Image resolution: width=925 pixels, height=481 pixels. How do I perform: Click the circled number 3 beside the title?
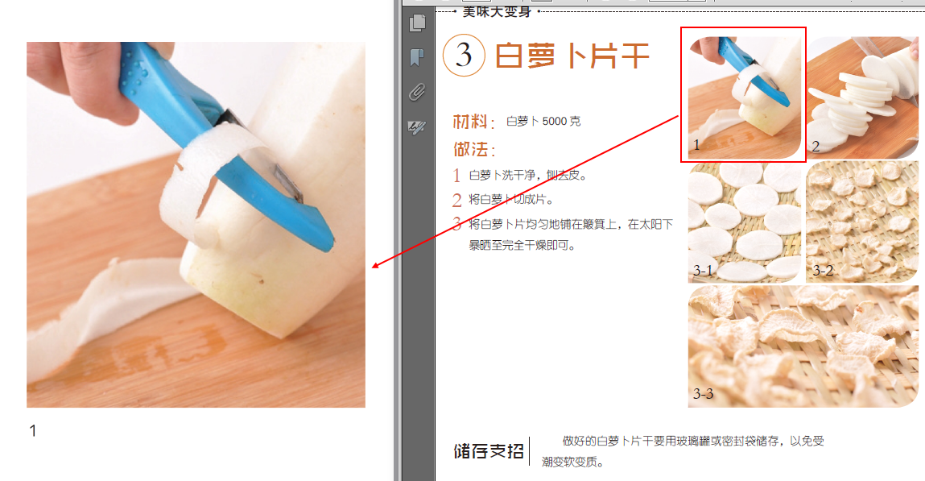(464, 56)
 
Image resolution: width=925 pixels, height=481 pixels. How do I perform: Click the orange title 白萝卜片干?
(572, 56)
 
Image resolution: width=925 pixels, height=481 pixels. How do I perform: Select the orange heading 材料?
(473, 122)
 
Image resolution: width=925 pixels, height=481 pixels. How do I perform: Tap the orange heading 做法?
(473, 149)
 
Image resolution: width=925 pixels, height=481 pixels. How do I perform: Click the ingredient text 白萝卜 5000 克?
(543, 122)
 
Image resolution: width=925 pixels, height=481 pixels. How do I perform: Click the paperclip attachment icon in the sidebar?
(417, 92)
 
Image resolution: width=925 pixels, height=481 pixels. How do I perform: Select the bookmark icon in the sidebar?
(417, 57)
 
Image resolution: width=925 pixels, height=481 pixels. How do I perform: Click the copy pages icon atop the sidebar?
(417, 23)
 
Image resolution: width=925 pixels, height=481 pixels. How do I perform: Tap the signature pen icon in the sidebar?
(417, 126)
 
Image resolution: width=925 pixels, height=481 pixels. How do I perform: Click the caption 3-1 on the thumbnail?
(703, 271)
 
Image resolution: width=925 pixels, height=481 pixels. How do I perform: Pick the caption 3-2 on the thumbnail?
(823, 271)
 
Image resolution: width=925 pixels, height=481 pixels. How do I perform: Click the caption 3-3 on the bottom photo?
(703, 394)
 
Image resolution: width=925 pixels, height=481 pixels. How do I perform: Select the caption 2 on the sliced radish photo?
(816, 147)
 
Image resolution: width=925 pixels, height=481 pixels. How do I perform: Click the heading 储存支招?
(489, 451)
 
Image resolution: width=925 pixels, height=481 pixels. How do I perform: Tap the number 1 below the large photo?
(33, 431)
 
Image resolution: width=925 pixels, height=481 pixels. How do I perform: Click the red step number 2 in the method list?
(456, 200)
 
